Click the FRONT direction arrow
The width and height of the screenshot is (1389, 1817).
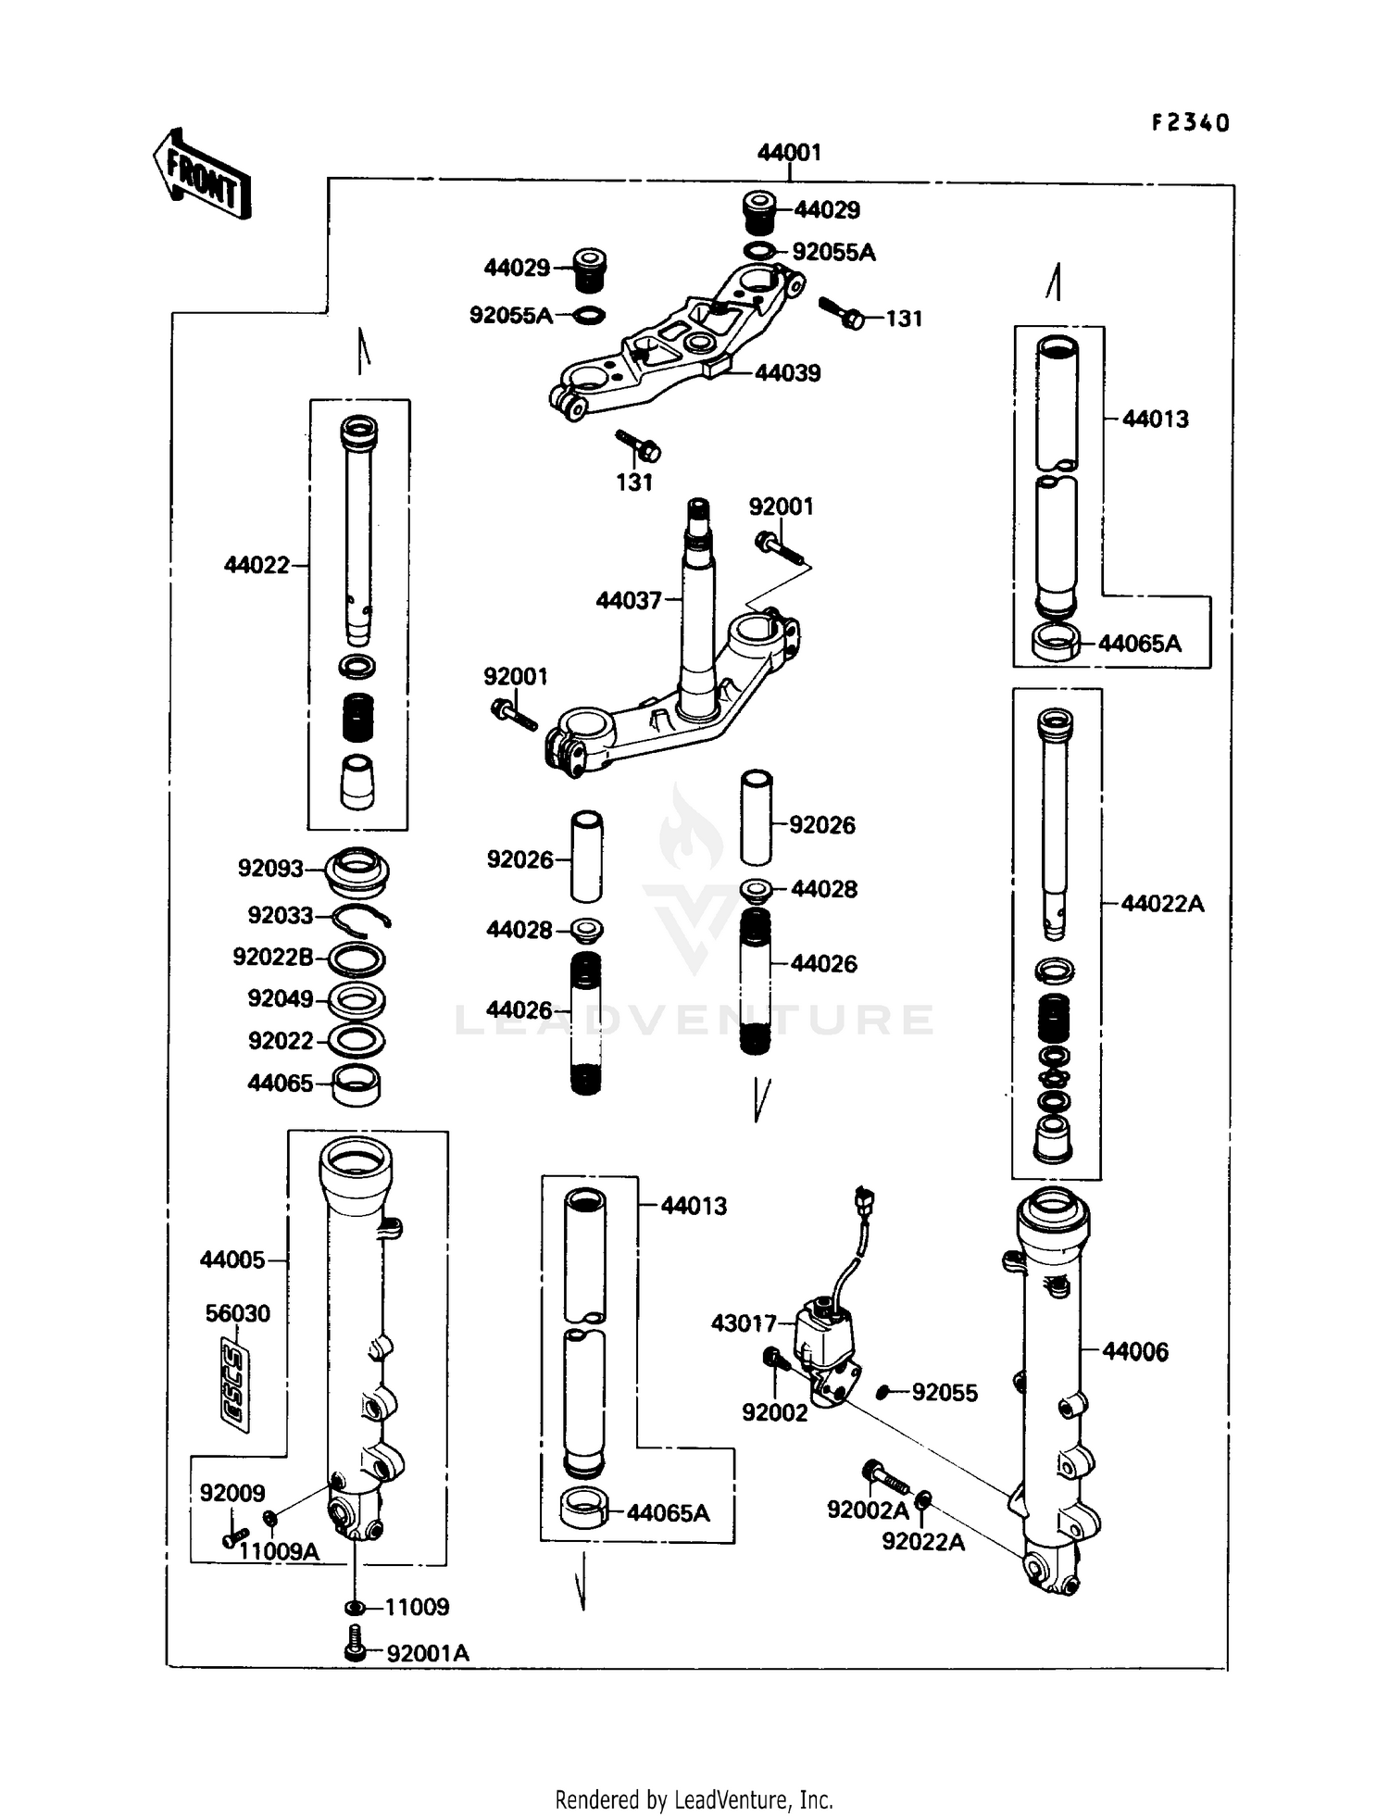[202, 174]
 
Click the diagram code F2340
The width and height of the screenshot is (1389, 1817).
[1190, 123]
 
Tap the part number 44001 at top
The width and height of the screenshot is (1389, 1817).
[789, 153]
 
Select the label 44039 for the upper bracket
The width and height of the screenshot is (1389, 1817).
[787, 373]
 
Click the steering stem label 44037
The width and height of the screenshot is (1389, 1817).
[629, 601]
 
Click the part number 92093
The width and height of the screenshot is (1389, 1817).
[270, 869]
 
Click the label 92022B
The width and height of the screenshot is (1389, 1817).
[273, 957]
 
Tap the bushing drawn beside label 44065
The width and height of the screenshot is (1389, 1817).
[357, 1084]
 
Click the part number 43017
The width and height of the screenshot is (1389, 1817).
[743, 1323]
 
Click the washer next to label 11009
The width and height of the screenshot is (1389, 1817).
[355, 1607]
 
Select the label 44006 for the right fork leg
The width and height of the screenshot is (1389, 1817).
[1135, 1352]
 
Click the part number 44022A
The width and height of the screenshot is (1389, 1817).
[1162, 904]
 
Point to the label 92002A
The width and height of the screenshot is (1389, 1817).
[868, 1510]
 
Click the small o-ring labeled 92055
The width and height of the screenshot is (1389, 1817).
[883, 1392]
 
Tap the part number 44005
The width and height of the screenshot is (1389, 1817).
[232, 1259]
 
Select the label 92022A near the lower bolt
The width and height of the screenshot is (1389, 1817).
[923, 1541]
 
